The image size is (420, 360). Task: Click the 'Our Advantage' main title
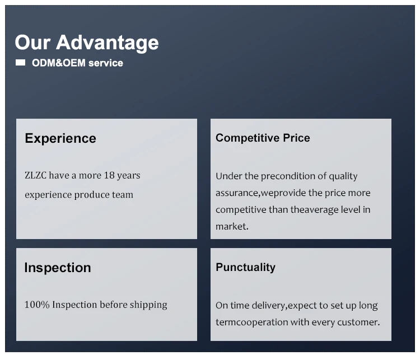click(87, 43)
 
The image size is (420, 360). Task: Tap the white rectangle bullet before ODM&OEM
click(20, 63)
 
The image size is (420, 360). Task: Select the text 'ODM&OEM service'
click(77, 63)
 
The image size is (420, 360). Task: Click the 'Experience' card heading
click(60, 139)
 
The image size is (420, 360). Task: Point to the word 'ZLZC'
click(35, 175)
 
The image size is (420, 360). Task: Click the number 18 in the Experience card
click(109, 175)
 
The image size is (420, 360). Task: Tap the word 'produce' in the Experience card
click(92, 195)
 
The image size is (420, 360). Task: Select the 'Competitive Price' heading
click(263, 138)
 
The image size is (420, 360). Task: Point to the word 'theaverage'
click(314, 210)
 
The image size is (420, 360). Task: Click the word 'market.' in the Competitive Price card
click(232, 227)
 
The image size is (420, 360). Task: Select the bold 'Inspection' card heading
click(58, 268)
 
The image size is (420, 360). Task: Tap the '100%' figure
click(37, 305)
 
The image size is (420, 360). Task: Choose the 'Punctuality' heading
click(245, 268)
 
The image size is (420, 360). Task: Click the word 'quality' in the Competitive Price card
click(343, 176)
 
